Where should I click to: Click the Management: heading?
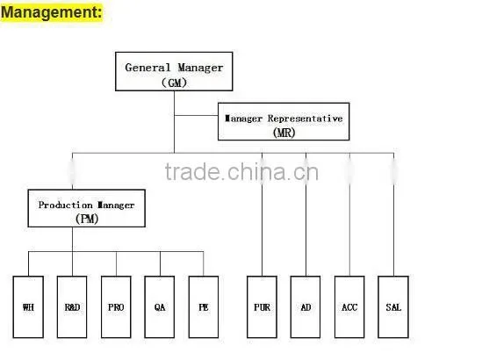(51, 12)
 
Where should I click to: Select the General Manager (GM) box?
(174, 71)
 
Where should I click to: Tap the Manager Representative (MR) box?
(284, 121)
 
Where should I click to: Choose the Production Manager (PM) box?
(86, 208)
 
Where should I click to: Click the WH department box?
(28, 306)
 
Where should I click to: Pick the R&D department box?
(72, 306)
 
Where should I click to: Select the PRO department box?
(116, 306)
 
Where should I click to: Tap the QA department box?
(160, 306)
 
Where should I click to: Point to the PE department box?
(204, 306)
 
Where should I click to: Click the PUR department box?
(262, 306)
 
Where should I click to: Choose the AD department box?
(306, 306)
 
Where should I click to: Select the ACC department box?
(349, 306)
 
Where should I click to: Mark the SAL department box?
(393, 306)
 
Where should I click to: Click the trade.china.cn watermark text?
(241, 171)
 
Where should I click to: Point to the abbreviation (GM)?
(174, 83)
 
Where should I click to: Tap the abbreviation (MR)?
(284, 133)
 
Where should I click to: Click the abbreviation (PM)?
(87, 219)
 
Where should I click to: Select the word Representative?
(305, 119)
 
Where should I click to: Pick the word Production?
(65, 205)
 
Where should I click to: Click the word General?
(147, 68)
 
